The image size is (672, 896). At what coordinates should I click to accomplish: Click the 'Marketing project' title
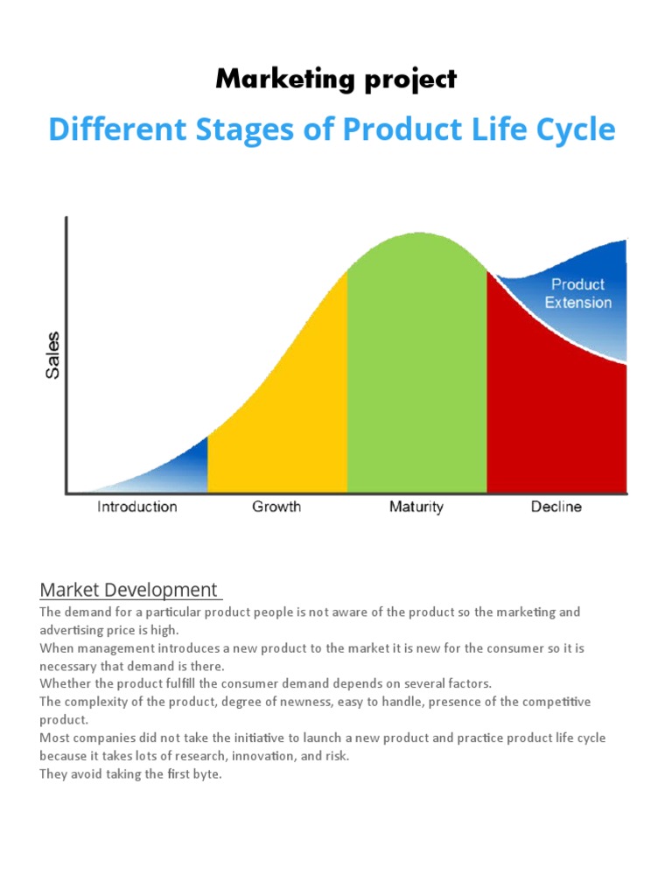[x=336, y=79]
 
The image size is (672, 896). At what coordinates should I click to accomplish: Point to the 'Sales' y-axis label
[x=53, y=354]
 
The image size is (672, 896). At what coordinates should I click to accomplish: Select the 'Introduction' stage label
[x=136, y=507]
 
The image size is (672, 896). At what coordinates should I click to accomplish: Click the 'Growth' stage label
[x=276, y=507]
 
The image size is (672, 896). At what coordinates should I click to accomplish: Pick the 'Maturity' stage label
[x=416, y=507]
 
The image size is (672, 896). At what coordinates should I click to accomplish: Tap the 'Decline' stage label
[x=556, y=507]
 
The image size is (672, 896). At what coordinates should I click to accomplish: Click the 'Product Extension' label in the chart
[x=578, y=293]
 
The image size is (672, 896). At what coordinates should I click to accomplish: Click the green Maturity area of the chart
[x=416, y=367]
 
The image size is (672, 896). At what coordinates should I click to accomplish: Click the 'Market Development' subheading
[x=129, y=590]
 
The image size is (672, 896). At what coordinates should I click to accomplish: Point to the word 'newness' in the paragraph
[x=332, y=702]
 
